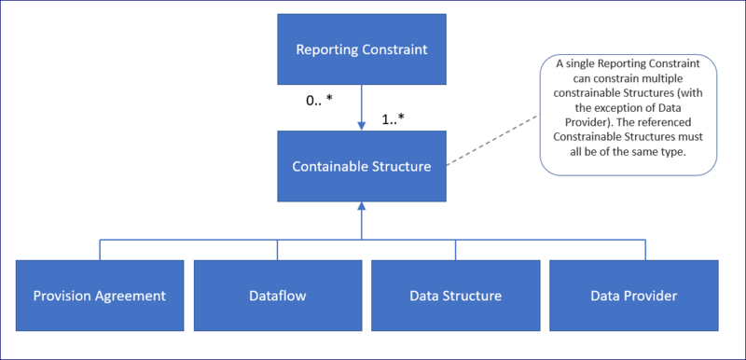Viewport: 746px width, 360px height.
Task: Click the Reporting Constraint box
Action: tap(361, 48)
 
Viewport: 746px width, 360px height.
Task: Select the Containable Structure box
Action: tap(361, 167)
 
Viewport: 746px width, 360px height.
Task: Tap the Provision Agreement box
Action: tap(100, 296)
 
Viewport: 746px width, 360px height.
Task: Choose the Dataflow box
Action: tap(278, 296)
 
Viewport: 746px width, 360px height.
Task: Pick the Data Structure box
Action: tap(455, 296)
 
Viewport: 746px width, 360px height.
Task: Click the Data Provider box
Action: tap(633, 296)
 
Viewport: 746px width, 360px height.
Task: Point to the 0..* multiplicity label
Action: tap(320, 100)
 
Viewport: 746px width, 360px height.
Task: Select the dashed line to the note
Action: tap(492, 141)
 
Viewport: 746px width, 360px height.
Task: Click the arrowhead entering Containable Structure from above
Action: tap(361, 127)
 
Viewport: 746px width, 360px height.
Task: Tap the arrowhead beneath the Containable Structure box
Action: tap(361, 207)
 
